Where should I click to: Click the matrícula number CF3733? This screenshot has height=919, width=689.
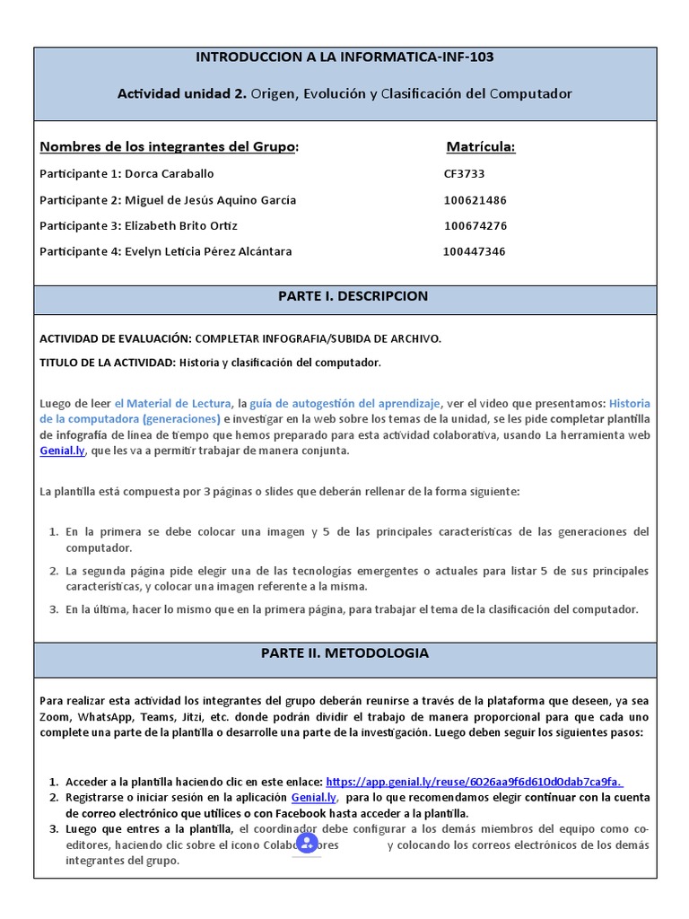pos(464,174)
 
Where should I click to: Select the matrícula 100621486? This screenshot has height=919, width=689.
pos(475,200)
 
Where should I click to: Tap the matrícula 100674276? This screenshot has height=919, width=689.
pos(475,226)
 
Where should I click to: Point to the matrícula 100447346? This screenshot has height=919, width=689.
pos(474,252)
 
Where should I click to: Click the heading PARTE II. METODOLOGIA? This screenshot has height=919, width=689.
pos(344,653)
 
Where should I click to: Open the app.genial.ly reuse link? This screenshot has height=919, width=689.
pos(475,782)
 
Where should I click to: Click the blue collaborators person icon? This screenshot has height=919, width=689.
pos(307,843)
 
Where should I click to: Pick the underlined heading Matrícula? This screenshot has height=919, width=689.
pos(481,147)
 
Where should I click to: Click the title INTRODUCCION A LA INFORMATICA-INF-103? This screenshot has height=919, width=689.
pos(344,57)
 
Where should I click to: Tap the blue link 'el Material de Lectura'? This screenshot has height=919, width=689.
pos(173,403)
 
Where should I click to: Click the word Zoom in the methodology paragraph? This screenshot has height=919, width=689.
pos(56,717)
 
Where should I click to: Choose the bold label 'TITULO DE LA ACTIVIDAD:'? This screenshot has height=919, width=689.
pos(108,363)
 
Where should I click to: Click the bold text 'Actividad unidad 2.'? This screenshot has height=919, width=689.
pos(182,94)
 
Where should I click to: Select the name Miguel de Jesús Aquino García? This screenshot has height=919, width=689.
pos(211,200)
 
